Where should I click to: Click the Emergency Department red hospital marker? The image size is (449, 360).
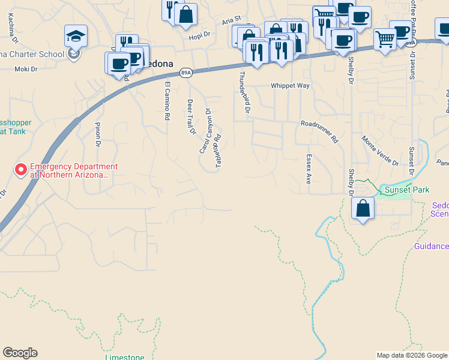pos(21,170)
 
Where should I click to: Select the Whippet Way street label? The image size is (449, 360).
pos(290,86)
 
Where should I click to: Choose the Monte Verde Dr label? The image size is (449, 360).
pos(379,151)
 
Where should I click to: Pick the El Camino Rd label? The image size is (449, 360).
pos(167,101)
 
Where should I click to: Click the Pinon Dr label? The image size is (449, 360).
pos(98,134)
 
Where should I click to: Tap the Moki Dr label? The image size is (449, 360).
pos(26,70)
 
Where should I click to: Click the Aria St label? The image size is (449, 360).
pos(231,21)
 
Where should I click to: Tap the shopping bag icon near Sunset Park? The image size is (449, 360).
pos(363,209)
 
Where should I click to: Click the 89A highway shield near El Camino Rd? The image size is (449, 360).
pos(186,73)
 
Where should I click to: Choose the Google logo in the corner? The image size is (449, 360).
pos(20,353)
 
